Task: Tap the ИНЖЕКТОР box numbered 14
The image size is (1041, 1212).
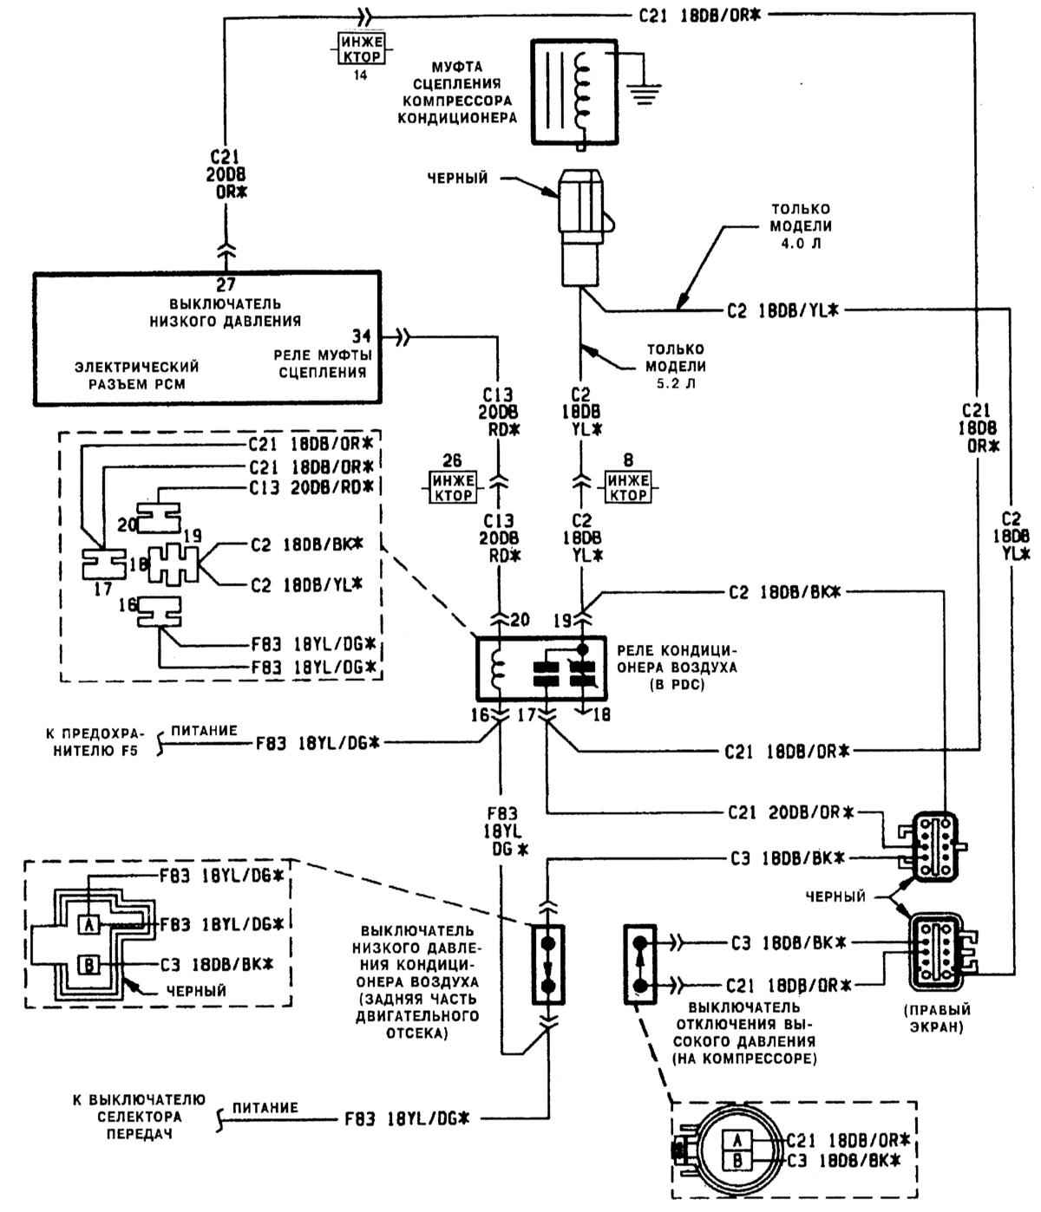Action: coord(362,49)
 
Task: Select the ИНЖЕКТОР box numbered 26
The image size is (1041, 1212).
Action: coord(452,486)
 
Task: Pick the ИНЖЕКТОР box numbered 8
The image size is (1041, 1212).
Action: coord(628,486)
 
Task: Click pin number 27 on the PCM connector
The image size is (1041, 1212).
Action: coord(226,284)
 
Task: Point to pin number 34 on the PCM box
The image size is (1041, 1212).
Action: coord(362,336)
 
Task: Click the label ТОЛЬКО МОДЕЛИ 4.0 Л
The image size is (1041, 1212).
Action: coord(801,225)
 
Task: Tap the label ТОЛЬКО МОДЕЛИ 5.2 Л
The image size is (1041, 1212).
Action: coord(676,366)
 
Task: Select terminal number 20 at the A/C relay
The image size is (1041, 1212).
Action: coord(520,620)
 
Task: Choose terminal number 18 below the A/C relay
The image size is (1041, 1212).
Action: coord(602,714)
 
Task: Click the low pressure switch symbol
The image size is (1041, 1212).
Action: coord(548,965)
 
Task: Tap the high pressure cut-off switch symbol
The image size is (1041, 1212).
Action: coord(640,965)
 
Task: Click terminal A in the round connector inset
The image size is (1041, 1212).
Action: coord(737,1140)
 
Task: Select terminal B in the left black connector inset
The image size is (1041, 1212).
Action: coord(89,965)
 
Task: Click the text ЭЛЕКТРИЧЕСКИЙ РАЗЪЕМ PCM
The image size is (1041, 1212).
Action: coord(137,375)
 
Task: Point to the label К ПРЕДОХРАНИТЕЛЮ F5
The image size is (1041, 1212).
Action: coord(95,742)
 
